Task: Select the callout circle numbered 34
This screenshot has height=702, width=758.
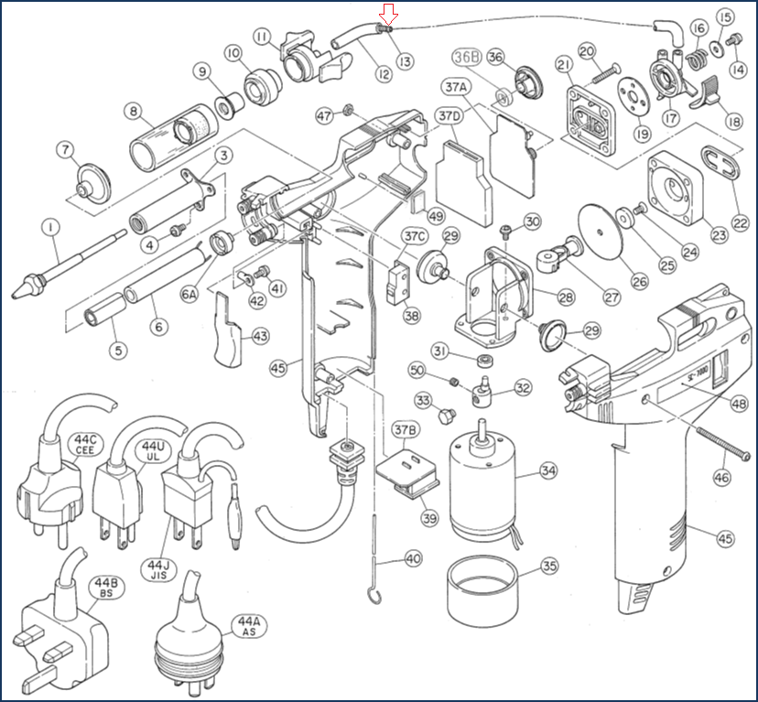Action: click(x=548, y=471)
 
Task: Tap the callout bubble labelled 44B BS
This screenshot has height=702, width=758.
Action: click(x=100, y=588)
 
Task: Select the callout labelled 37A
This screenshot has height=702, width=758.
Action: click(x=456, y=87)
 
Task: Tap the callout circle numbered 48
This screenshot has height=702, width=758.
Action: click(x=739, y=404)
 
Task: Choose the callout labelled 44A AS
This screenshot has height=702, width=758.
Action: click(x=248, y=625)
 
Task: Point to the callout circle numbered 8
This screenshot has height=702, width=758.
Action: click(x=135, y=112)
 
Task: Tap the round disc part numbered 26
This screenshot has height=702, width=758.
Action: click(x=599, y=228)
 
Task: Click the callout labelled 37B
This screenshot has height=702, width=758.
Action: click(x=406, y=429)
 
